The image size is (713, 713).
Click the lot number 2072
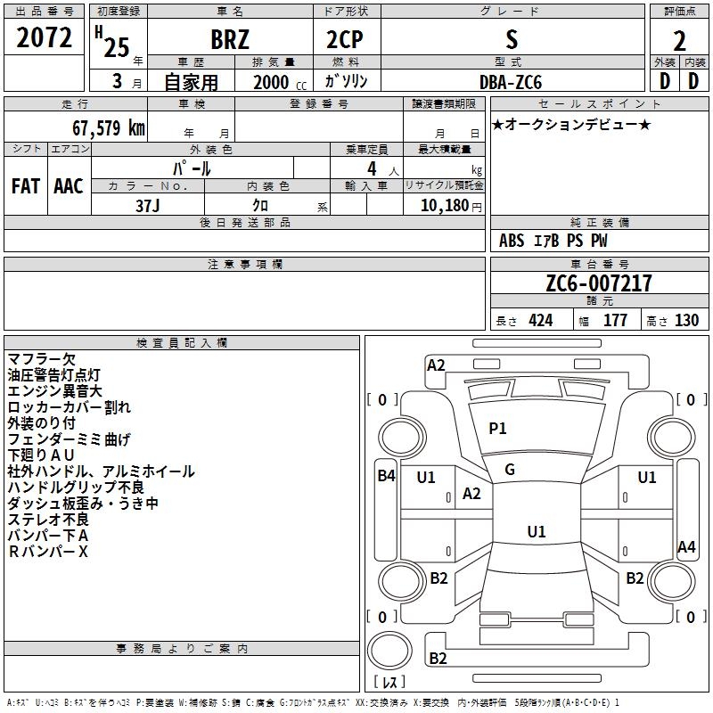click(x=44, y=37)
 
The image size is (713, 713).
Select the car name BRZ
click(x=230, y=39)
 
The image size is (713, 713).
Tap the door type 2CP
click(x=345, y=39)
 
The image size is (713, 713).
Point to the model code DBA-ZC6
click(x=511, y=82)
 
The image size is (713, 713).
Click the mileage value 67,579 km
click(x=109, y=127)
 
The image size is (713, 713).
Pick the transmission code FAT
click(x=26, y=186)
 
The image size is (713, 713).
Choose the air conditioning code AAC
click(x=69, y=186)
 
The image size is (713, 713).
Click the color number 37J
click(x=148, y=206)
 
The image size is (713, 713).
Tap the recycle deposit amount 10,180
click(x=445, y=206)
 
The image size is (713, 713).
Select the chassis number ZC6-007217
click(x=599, y=283)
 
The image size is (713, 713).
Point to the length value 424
click(x=541, y=320)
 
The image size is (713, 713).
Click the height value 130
click(x=686, y=320)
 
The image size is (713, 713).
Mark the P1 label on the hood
click(x=497, y=428)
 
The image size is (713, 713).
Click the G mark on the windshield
click(x=510, y=470)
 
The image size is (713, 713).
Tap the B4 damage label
click(x=387, y=476)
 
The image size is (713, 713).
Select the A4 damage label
click(x=686, y=546)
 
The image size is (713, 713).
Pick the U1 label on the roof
click(x=537, y=531)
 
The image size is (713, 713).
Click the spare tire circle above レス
click(x=389, y=651)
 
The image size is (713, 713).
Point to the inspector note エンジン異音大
click(x=54, y=391)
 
